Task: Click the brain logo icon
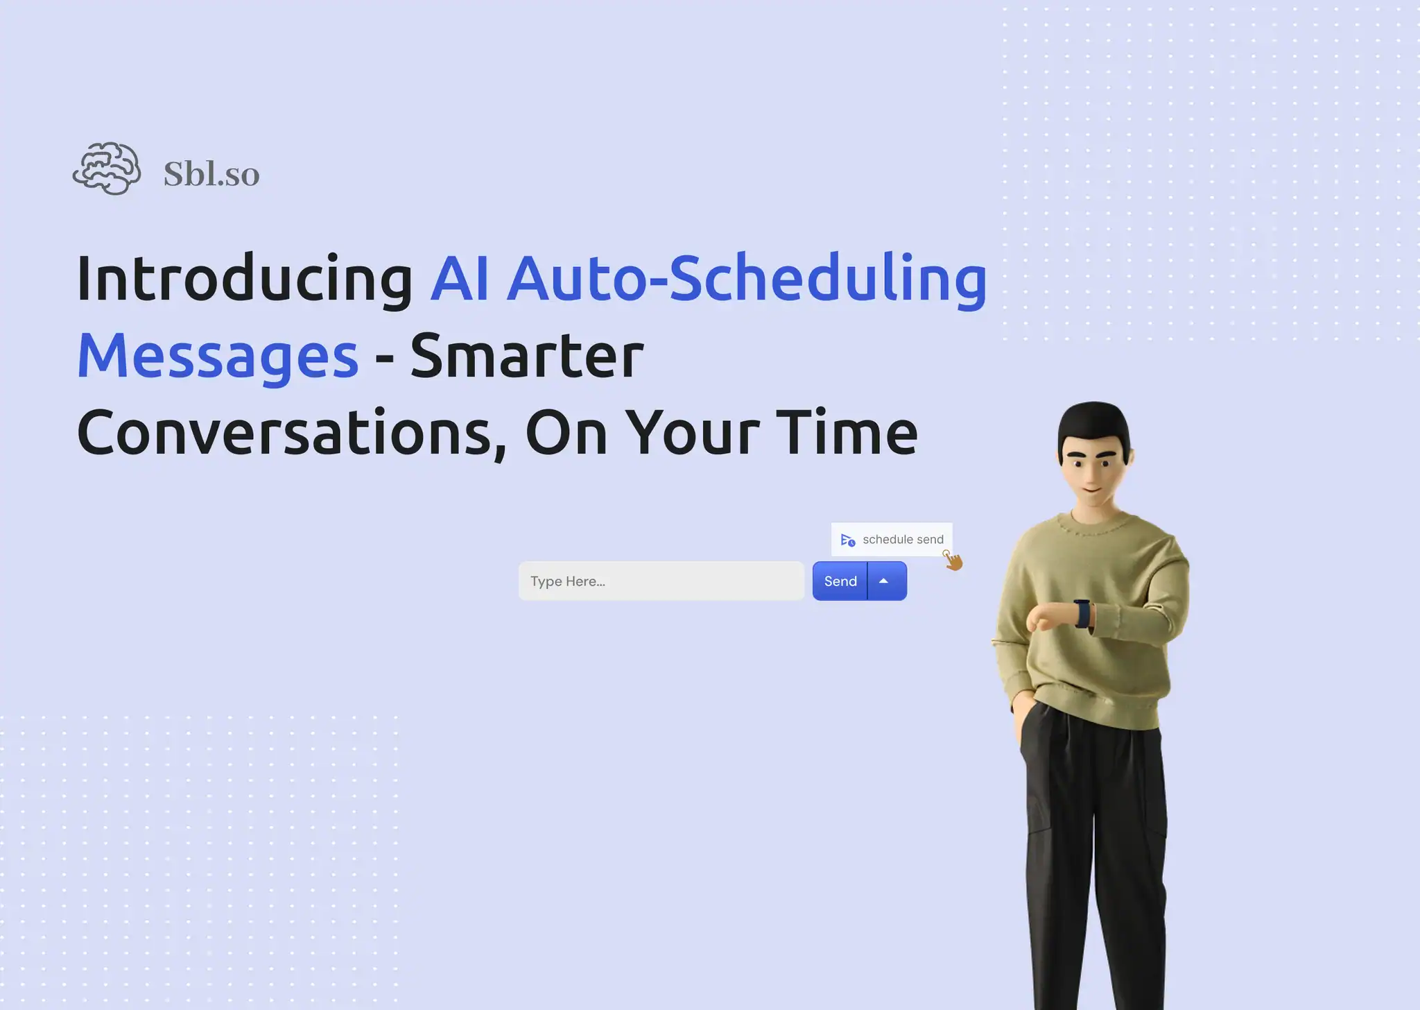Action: pyautogui.click(x=107, y=169)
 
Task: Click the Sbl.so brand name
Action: pyautogui.click(x=211, y=173)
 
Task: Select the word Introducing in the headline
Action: pyautogui.click(x=245, y=278)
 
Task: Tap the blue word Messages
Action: pyautogui.click(x=218, y=355)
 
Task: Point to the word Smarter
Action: pyautogui.click(x=527, y=355)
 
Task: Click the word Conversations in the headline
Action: pyautogui.click(x=291, y=433)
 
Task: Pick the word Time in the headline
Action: pyautogui.click(x=847, y=433)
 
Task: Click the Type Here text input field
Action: pyautogui.click(x=661, y=581)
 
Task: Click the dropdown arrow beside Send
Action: pyautogui.click(x=884, y=581)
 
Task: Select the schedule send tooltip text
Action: pyautogui.click(x=903, y=540)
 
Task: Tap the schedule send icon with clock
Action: pyautogui.click(x=847, y=540)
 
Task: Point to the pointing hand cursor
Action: pyautogui.click(x=953, y=560)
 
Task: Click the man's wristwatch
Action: pyautogui.click(x=1082, y=613)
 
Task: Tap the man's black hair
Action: pyautogui.click(x=1094, y=422)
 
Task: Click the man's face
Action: pyautogui.click(x=1093, y=472)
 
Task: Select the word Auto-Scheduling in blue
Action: pyautogui.click(x=747, y=278)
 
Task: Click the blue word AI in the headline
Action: pyautogui.click(x=460, y=278)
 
